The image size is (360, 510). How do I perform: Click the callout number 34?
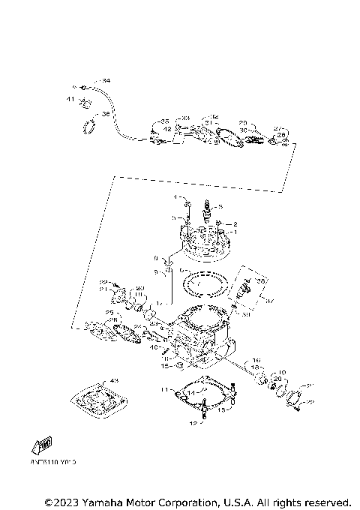106,80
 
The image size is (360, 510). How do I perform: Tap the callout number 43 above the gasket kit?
115,380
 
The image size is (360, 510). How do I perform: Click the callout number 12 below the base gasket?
191,424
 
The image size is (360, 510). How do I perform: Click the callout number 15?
165,366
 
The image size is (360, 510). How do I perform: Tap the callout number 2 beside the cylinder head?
235,223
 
